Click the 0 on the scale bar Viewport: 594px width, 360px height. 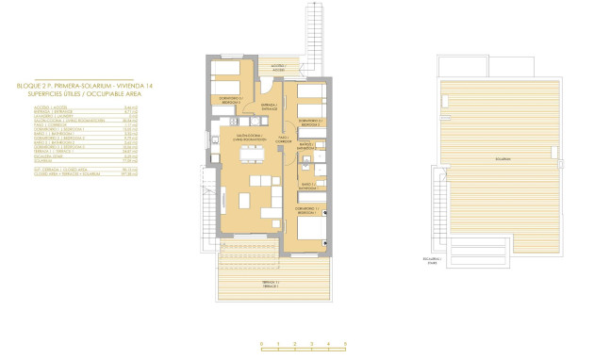261,344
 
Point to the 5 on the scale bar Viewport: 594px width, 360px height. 345,344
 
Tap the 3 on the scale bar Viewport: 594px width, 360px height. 311,344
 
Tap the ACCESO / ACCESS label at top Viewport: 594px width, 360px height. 278,68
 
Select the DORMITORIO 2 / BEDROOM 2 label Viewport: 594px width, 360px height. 311,123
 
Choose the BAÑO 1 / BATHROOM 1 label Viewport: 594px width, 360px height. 308,186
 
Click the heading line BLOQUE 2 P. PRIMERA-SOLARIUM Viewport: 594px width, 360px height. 77,86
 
